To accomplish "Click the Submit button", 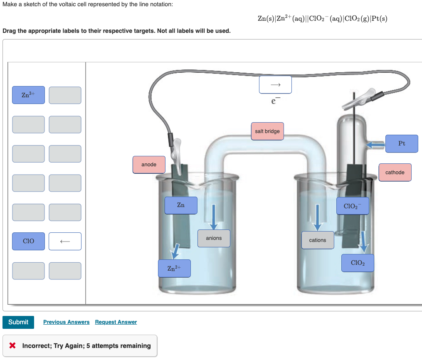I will (x=18, y=322).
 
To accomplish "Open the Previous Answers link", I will (x=66, y=322).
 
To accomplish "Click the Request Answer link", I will (x=116, y=322).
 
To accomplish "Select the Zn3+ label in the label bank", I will (x=28, y=95).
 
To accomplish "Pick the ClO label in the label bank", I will (x=28, y=241).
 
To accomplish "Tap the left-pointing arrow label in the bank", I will (x=65, y=241).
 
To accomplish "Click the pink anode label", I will (x=149, y=165).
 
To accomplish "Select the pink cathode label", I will (x=395, y=173).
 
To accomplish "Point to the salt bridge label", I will (x=267, y=131).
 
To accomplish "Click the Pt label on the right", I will (x=401, y=143).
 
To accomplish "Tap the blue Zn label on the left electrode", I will (x=181, y=205).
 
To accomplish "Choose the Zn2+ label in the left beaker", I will (x=174, y=269).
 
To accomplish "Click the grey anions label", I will (x=214, y=238).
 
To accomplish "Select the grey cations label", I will (x=318, y=240).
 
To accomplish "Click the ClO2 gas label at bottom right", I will (x=358, y=263).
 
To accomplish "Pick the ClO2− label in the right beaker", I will (x=353, y=206).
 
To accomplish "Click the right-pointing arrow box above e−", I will (x=275, y=85).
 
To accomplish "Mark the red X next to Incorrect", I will (x=12, y=346).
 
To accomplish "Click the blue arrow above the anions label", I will (x=214, y=217).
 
